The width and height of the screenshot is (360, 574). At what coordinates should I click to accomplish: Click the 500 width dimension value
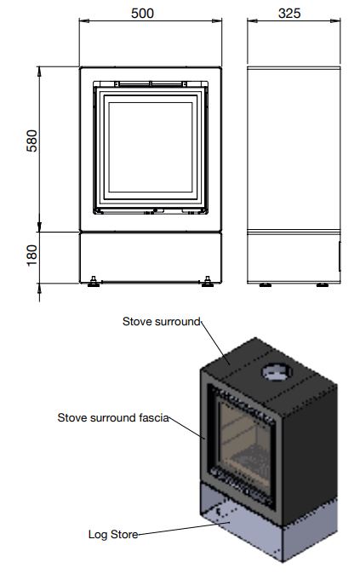[142, 13]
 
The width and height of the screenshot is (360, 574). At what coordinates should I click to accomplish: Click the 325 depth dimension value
[289, 13]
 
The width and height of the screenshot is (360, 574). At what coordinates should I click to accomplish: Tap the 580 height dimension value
[31, 141]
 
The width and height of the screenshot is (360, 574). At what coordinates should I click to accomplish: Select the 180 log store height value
[31, 255]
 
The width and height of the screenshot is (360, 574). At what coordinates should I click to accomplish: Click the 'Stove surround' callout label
[162, 321]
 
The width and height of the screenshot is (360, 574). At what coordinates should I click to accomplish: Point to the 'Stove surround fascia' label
[113, 417]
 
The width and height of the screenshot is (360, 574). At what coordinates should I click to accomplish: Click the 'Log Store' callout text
[113, 535]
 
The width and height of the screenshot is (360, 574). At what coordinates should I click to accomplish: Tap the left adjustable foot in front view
[94, 282]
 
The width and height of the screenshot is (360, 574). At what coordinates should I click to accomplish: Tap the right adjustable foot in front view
[208, 282]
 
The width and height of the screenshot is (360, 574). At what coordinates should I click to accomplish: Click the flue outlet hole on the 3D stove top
[277, 372]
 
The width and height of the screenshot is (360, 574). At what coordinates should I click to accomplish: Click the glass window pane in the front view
[151, 146]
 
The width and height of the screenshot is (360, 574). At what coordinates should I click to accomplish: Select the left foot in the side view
[266, 284]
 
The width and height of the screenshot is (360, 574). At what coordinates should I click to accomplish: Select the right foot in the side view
[323, 284]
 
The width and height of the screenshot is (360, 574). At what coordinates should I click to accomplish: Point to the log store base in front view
[151, 258]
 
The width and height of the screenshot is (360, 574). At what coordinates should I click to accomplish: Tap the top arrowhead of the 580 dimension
[39, 72]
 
